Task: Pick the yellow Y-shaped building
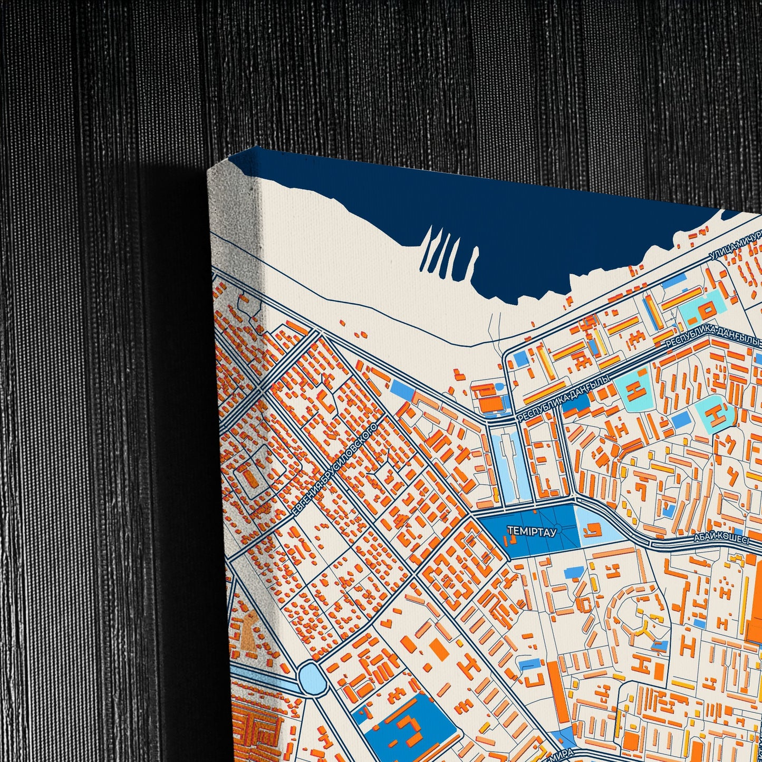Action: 642,628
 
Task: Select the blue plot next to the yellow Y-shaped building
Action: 659,644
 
